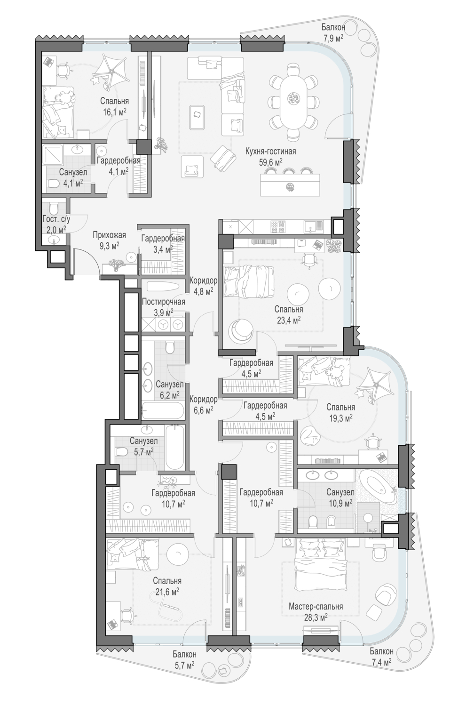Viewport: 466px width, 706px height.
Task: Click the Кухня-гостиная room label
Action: [270, 152]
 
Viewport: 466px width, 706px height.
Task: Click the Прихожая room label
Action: [109, 235]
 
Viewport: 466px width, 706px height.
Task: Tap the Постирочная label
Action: [164, 302]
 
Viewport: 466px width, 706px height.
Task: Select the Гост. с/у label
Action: [56, 219]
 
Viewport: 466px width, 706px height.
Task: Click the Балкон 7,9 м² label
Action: [333, 32]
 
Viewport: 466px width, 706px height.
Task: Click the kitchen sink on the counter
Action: [314, 225]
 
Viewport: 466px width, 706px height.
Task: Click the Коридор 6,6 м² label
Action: [203, 405]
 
